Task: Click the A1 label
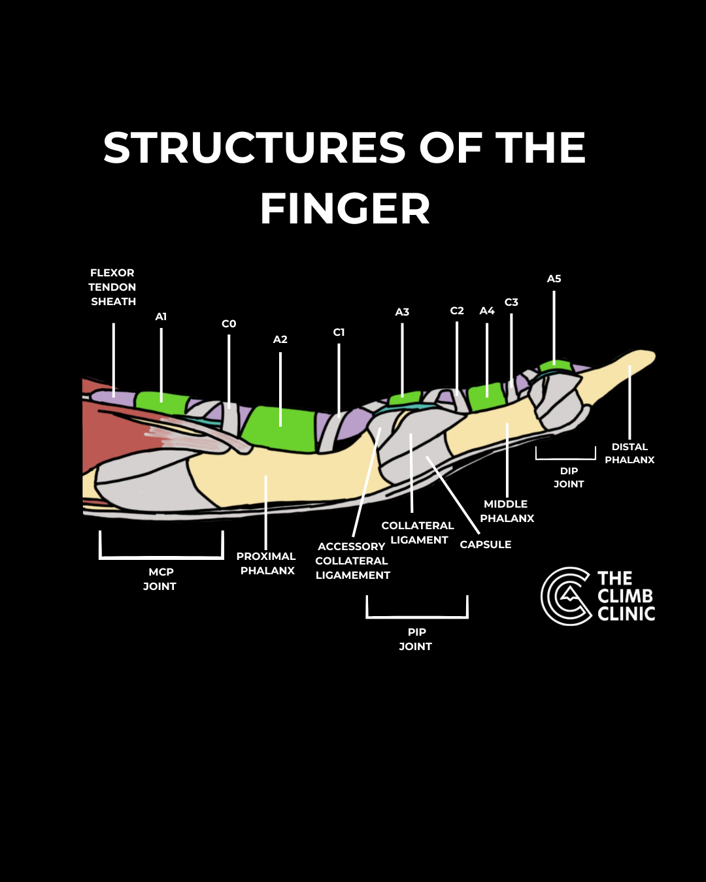(161, 317)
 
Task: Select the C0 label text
(229, 324)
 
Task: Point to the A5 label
(554, 279)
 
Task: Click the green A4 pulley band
(486, 397)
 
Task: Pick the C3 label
(511, 302)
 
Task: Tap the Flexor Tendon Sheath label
(112, 287)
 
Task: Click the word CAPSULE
(485, 545)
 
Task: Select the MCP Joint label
(160, 579)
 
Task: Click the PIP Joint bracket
(417, 617)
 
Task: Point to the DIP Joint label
(569, 478)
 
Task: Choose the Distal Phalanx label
(630, 453)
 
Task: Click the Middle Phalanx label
(507, 511)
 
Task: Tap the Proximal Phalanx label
(266, 564)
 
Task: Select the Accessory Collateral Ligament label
(352, 561)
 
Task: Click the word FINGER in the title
(345, 208)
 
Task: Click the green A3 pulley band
(405, 399)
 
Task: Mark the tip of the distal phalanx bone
(655, 355)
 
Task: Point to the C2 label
(457, 311)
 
